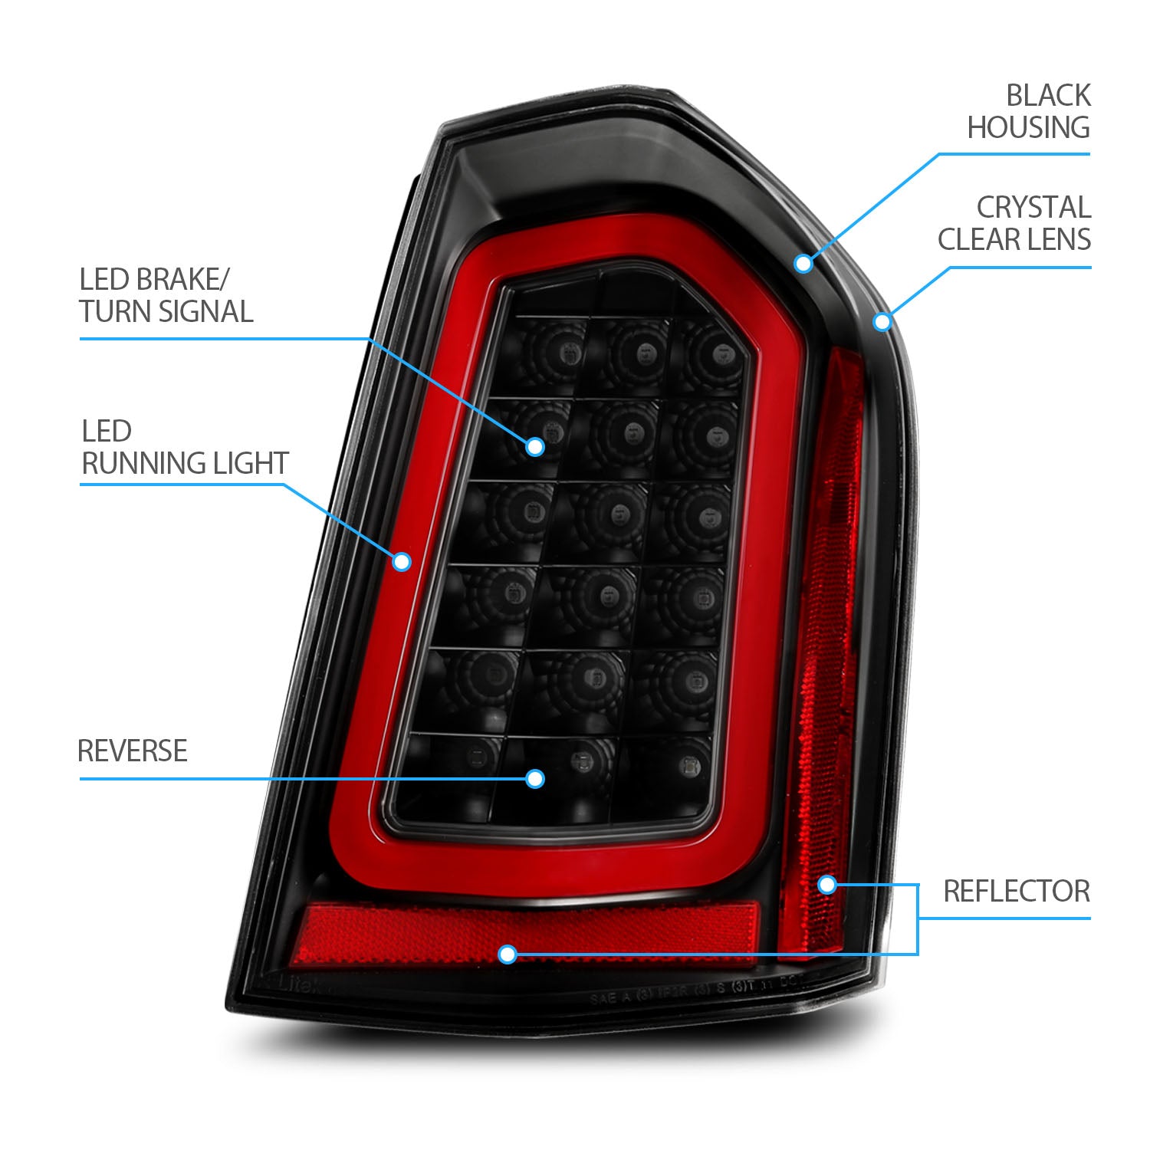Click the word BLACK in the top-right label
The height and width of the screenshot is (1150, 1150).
tap(1047, 96)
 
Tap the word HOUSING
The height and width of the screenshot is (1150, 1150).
tap(1028, 127)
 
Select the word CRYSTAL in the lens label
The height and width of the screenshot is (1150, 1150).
tap(1033, 207)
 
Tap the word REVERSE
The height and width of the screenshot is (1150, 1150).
tap(133, 751)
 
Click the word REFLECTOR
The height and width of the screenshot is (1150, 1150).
tap(1016, 891)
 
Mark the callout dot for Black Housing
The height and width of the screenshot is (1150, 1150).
tap(803, 263)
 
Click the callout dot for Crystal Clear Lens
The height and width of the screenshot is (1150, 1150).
tap(882, 321)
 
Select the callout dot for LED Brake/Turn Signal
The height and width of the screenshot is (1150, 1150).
tap(534, 446)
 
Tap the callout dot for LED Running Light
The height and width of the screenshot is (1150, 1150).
tap(401, 562)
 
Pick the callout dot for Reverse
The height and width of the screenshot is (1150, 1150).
tap(534, 779)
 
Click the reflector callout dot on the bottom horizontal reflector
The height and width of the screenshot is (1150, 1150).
tap(507, 955)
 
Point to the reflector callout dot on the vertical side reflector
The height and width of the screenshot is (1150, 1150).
tap(826, 885)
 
